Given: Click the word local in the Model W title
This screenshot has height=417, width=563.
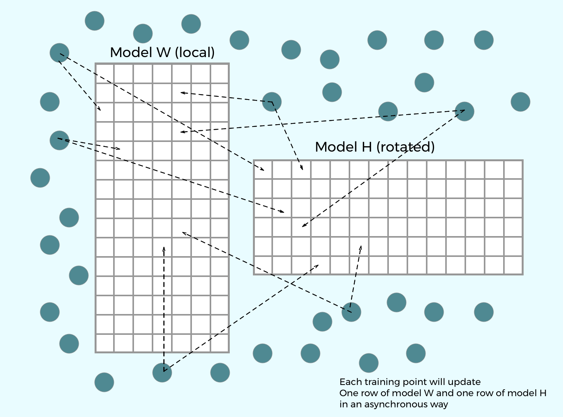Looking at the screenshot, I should click(x=195, y=52).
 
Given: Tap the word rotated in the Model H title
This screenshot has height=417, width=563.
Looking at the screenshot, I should click(x=405, y=147).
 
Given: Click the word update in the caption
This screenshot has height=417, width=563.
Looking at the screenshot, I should click(x=464, y=382).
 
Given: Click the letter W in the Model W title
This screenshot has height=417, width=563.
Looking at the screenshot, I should click(x=164, y=52).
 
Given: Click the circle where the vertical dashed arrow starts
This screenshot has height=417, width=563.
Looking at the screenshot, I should click(x=162, y=373).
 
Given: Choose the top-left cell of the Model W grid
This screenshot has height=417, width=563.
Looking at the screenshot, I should click(x=105, y=73).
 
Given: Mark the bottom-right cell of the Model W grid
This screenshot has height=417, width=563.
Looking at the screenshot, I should click(x=220, y=343).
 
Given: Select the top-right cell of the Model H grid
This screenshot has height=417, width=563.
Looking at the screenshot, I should click(x=513, y=170).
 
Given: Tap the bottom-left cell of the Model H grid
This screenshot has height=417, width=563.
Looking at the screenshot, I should click(x=263, y=265).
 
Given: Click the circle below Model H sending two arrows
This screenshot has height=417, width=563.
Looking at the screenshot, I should click(x=351, y=312).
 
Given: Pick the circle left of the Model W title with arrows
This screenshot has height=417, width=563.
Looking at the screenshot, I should click(x=59, y=53).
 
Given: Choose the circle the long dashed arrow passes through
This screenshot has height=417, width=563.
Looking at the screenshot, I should click(x=388, y=111).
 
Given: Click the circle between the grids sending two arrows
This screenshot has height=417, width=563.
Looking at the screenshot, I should click(x=272, y=102).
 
